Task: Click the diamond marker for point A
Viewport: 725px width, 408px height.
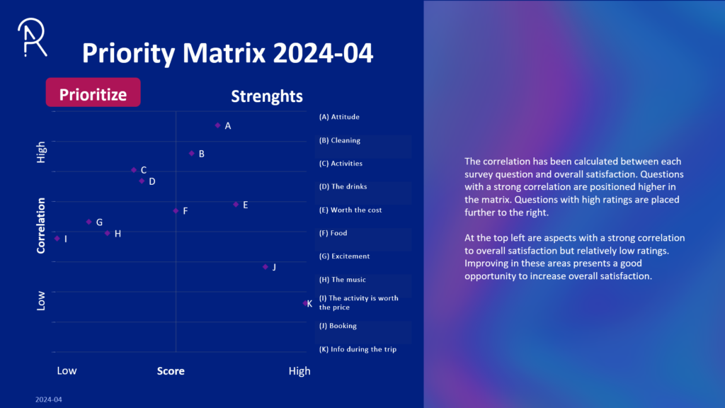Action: click(217, 125)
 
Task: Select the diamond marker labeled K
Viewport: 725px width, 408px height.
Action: click(305, 303)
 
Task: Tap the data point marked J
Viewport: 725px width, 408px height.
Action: click(266, 267)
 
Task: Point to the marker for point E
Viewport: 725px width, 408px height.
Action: click(236, 205)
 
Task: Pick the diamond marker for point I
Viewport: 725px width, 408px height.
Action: click(57, 239)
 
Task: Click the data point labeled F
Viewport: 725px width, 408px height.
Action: click(176, 210)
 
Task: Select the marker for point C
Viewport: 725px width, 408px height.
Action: click(134, 170)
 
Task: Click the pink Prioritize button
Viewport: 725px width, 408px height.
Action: click(93, 94)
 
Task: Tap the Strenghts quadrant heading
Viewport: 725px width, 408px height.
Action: click(267, 96)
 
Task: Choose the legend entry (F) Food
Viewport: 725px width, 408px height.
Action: click(333, 233)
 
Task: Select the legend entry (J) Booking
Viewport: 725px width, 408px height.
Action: click(338, 326)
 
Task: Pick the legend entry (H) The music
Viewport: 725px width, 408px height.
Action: click(343, 280)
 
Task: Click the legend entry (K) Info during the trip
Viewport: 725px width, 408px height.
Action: click(357, 349)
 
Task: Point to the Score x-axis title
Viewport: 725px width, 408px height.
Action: click(171, 371)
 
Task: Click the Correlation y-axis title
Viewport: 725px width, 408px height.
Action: click(41, 225)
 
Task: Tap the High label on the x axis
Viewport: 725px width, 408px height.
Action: click(299, 371)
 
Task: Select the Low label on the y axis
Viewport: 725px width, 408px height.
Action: click(41, 300)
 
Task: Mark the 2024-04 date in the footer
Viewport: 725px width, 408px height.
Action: click(49, 400)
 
